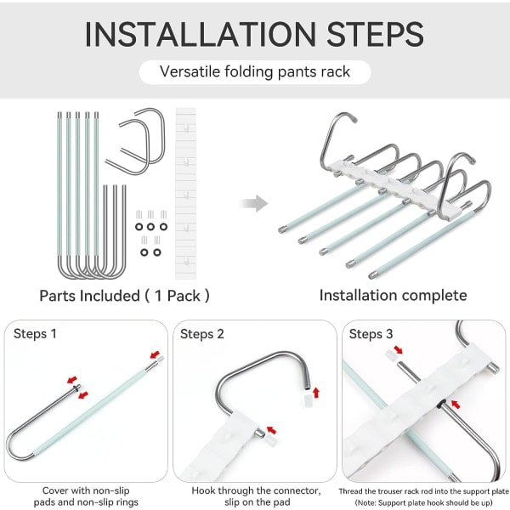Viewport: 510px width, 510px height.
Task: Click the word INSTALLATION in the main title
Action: click(201, 34)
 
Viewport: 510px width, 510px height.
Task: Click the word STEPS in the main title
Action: click(376, 34)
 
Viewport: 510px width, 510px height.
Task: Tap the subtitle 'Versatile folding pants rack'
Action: click(255, 71)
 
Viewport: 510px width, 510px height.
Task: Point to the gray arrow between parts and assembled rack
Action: click(254, 204)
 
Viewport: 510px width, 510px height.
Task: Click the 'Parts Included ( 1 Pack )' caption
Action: click(125, 296)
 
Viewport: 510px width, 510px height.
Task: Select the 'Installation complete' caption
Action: click(394, 295)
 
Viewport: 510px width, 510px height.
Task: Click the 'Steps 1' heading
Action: click(35, 334)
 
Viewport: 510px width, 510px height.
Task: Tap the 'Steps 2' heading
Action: click(202, 334)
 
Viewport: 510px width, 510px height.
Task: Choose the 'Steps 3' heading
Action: click(371, 334)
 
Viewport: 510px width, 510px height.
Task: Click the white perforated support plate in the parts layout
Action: click(185, 193)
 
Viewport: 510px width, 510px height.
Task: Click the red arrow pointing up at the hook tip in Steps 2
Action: click(315, 393)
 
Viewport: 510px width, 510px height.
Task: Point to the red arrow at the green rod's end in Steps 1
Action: click(156, 354)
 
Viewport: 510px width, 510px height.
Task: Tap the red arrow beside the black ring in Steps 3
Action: click(456, 405)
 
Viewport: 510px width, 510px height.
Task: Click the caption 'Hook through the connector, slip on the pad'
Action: click(257, 496)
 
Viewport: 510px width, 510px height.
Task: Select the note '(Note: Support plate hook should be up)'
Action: click(423, 503)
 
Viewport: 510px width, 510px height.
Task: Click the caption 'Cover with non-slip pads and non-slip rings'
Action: click(86, 496)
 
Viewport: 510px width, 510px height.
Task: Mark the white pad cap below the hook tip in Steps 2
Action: click(308, 400)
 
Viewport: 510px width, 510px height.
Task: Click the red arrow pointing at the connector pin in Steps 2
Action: click(271, 430)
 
